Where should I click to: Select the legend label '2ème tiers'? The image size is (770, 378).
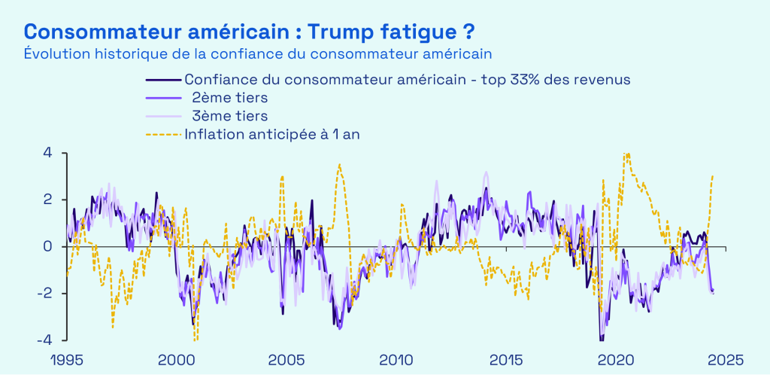click(229, 97)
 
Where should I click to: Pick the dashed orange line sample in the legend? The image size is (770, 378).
click(163, 135)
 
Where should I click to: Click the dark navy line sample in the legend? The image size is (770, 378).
click(163, 79)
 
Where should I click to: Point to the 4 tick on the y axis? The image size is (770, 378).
click(47, 153)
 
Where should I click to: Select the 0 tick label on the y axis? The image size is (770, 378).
click(47, 246)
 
